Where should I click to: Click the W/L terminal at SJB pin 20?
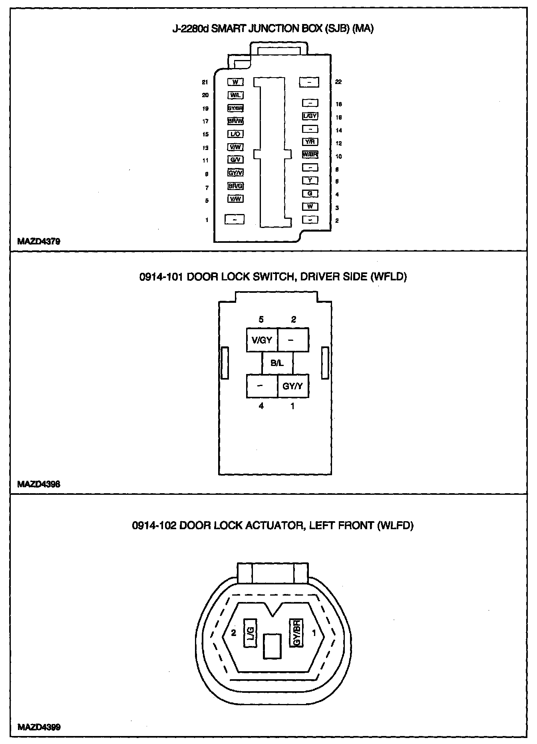tap(235, 95)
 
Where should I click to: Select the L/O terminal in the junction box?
tap(235, 134)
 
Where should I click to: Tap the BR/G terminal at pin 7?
tap(235, 186)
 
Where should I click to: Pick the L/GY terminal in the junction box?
tap(310, 116)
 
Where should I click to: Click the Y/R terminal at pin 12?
tap(310, 142)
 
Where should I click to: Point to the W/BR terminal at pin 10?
tap(310, 154)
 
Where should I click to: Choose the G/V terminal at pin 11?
tap(235, 160)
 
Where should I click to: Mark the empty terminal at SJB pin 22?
tap(309, 82)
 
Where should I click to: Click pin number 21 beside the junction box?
tap(205, 82)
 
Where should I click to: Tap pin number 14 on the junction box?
tap(339, 130)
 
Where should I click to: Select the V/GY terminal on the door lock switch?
tap(262, 340)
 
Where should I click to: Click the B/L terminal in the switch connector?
tap(277, 363)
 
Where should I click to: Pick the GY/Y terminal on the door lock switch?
tap(293, 386)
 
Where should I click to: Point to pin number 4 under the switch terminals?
tap(261, 406)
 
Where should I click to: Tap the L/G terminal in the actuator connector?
tap(250, 633)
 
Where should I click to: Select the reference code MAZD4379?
tap(39, 242)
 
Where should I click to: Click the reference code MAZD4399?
tap(39, 727)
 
